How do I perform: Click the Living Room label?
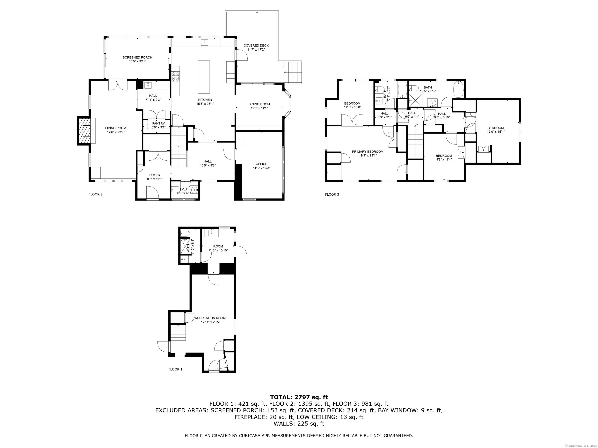pyautogui.click(x=115, y=128)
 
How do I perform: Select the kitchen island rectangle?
pyautogui.click(x=204, y=77)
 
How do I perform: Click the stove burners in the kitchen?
pyautogui.click(x=175, y=76)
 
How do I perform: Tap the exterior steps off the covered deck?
pyautogui.click(x=293, y=72)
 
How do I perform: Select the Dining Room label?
pyautogui.click(x=259, y=104)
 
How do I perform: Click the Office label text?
pyautogui.click(x=261, y=164)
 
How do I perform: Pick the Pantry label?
pyautogui.click(x=158, y=123)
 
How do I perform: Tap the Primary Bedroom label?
pyautogui.click(x=368, y=152)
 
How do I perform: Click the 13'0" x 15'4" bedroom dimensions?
pyautogui.click(x=496, y=132)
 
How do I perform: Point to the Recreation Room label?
pyautogui.click(x=210, y=318)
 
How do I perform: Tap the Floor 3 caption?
pyautogui.click(x=332, y=194)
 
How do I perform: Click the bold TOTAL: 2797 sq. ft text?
pyautogui.click(x=299, y=397)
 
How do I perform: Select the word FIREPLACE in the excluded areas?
pyautogui.click(x=251, y=417)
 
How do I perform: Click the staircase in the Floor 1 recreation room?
pyautogui.click(x=179, y=333)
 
